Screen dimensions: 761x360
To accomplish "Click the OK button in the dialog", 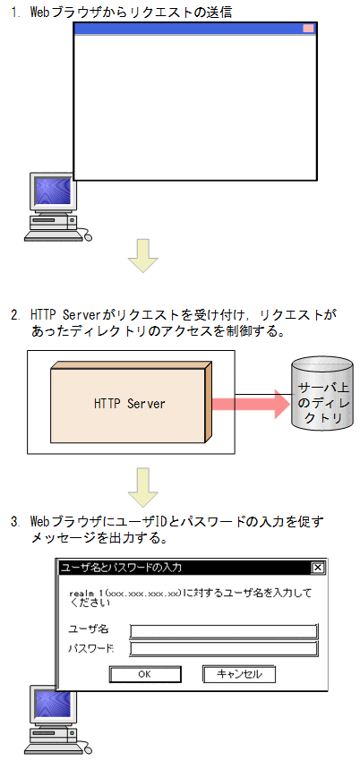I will click(144, 674).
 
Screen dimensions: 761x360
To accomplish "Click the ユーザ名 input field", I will click(224, 630).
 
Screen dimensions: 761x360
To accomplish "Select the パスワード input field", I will click(224, 648).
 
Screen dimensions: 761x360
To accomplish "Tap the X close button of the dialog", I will click(317, 568).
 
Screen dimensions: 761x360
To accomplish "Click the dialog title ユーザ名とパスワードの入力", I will click(121, 568).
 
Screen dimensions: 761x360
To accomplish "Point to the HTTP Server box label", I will click(130, 404).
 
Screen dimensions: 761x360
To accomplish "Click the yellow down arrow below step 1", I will click(142, 256).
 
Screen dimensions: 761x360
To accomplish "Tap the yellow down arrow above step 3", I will click(142, 486).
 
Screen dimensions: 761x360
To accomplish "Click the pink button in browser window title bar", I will click(308, 29).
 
